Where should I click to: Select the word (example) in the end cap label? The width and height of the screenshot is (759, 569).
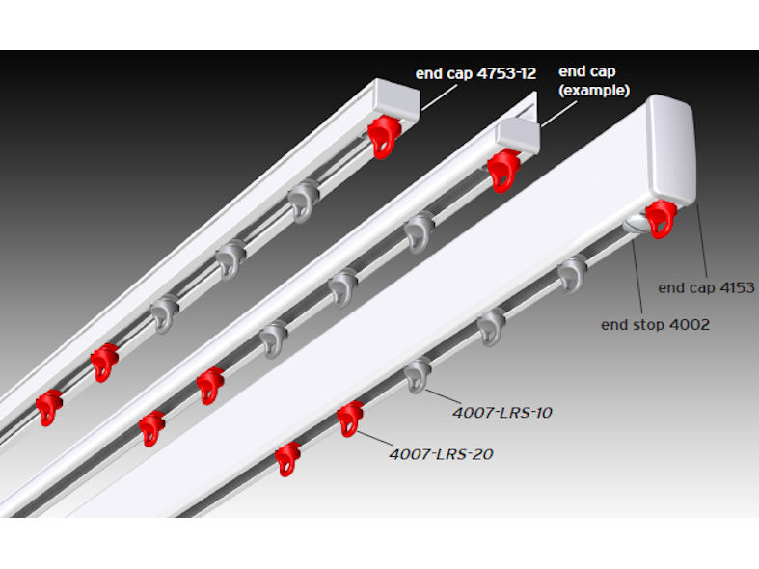pyautogui.click(x=594, y=91)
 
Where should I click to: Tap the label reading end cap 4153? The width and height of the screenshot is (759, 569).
pyautogui.click(x=706, y=287)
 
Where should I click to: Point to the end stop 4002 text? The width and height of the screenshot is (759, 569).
pyautogui.click(x=655, y=324)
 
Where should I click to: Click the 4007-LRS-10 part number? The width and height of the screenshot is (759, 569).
pyautogui.click(x=501, y=412)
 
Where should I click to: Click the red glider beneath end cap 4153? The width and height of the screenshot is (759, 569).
pyautogui.click(x=662, y=219)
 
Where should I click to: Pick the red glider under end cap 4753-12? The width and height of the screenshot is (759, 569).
pyautogui.click(x=384, y=137)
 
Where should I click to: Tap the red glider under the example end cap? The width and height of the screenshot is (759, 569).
pyautogui.click(x=503, y=170)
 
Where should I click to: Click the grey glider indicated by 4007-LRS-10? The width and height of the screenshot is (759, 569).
pyautogui.click(x=418, y=374)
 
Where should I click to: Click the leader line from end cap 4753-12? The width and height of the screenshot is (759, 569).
pyautogui.click(x=439, y=95)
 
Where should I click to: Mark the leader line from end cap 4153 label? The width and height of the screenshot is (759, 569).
pyautogui.click(x=702, y=241)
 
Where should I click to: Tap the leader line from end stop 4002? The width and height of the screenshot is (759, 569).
pyautogui.click(x=642, y=275)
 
